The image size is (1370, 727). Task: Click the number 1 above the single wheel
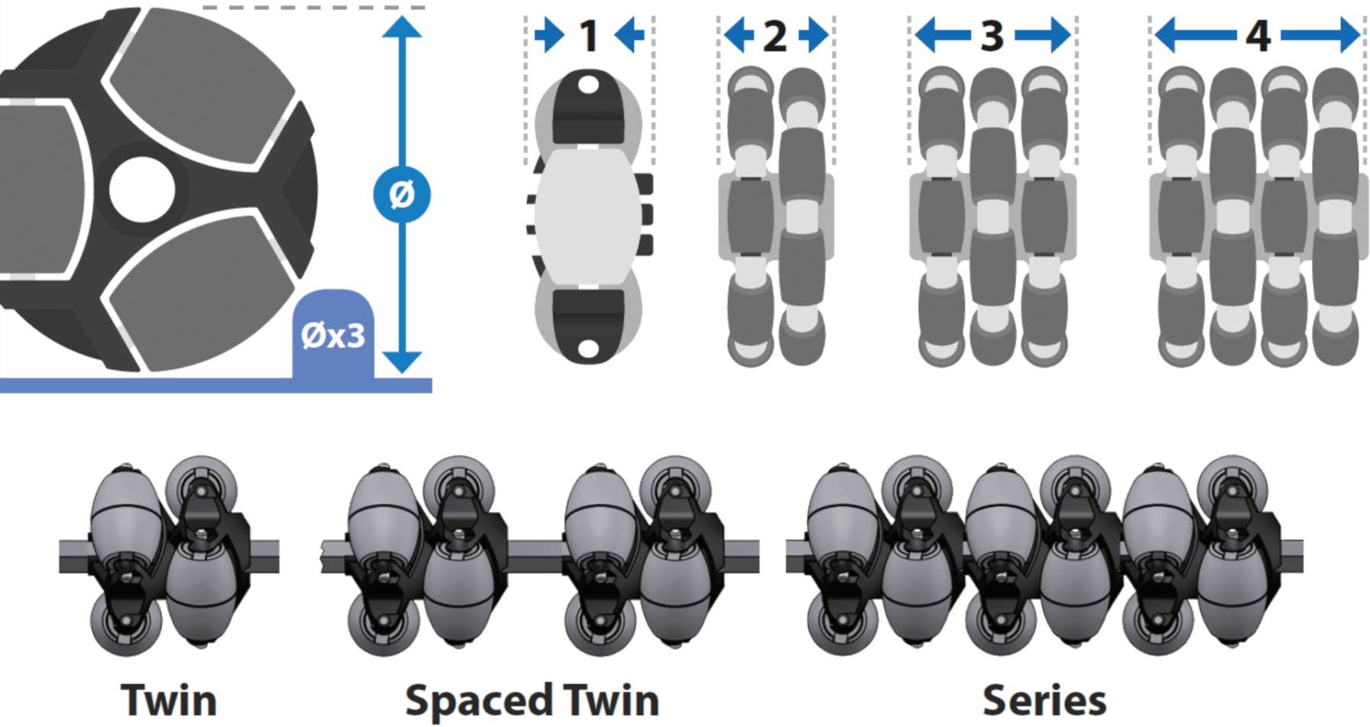(588, 35)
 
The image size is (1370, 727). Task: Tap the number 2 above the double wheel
(775, 36)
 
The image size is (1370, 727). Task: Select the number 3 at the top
(992, 36)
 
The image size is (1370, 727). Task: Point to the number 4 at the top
(1258, 36)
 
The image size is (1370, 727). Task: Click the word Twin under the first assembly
(169, 700)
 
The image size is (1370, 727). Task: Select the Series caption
(1044, 700)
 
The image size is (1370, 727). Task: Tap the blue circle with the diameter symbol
(402, 194)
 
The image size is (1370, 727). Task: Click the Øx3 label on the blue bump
(333, 336)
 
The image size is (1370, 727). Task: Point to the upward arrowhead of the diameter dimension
(402, 27)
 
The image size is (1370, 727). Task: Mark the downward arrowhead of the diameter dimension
(402, 362)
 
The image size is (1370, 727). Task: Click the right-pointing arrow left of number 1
(549, 35)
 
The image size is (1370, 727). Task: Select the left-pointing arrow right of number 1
(629, 35)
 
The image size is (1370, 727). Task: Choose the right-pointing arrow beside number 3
(1043, 35)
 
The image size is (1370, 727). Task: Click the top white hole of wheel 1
(588, 84)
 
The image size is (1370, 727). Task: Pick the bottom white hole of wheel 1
(588, 349)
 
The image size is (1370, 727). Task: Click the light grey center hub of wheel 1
(588, 216)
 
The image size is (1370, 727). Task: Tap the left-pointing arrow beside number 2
(739, 35)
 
